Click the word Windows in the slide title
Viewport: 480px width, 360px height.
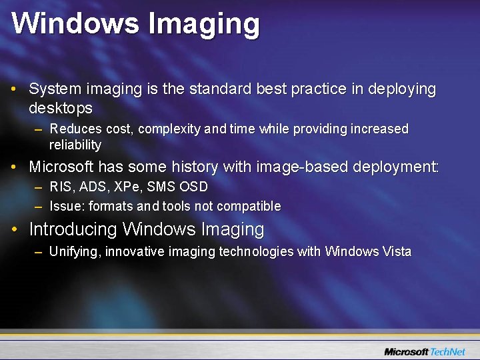75,23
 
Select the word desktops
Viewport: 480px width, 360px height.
61,107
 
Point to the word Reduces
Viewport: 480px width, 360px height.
75,129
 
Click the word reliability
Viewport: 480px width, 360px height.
75,145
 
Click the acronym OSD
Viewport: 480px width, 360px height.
194,187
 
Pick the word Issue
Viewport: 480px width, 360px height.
65,207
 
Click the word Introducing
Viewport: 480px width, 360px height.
73,230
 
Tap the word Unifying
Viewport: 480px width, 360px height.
75,252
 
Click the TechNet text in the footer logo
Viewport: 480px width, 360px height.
448,351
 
